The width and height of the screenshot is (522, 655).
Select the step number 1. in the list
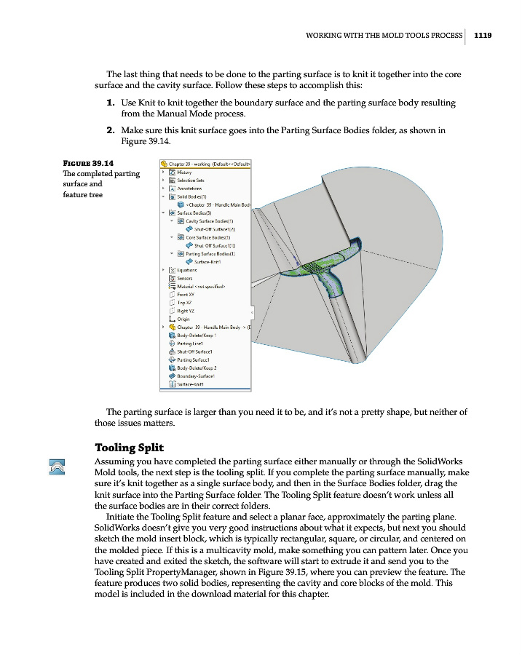click(111, 103)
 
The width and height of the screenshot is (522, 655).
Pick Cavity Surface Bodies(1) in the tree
click(209, 221)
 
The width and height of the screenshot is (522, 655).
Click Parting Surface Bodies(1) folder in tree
click(212, 253)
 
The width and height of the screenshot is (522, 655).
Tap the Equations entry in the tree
click(187, 270)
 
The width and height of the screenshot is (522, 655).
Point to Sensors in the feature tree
click(184, 278)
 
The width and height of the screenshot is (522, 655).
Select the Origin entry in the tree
click(183, 319)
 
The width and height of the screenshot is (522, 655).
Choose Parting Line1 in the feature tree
click(189, 343)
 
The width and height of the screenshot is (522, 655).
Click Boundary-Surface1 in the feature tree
click(196, 376)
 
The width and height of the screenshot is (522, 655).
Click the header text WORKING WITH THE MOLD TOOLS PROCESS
click(384, 33)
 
